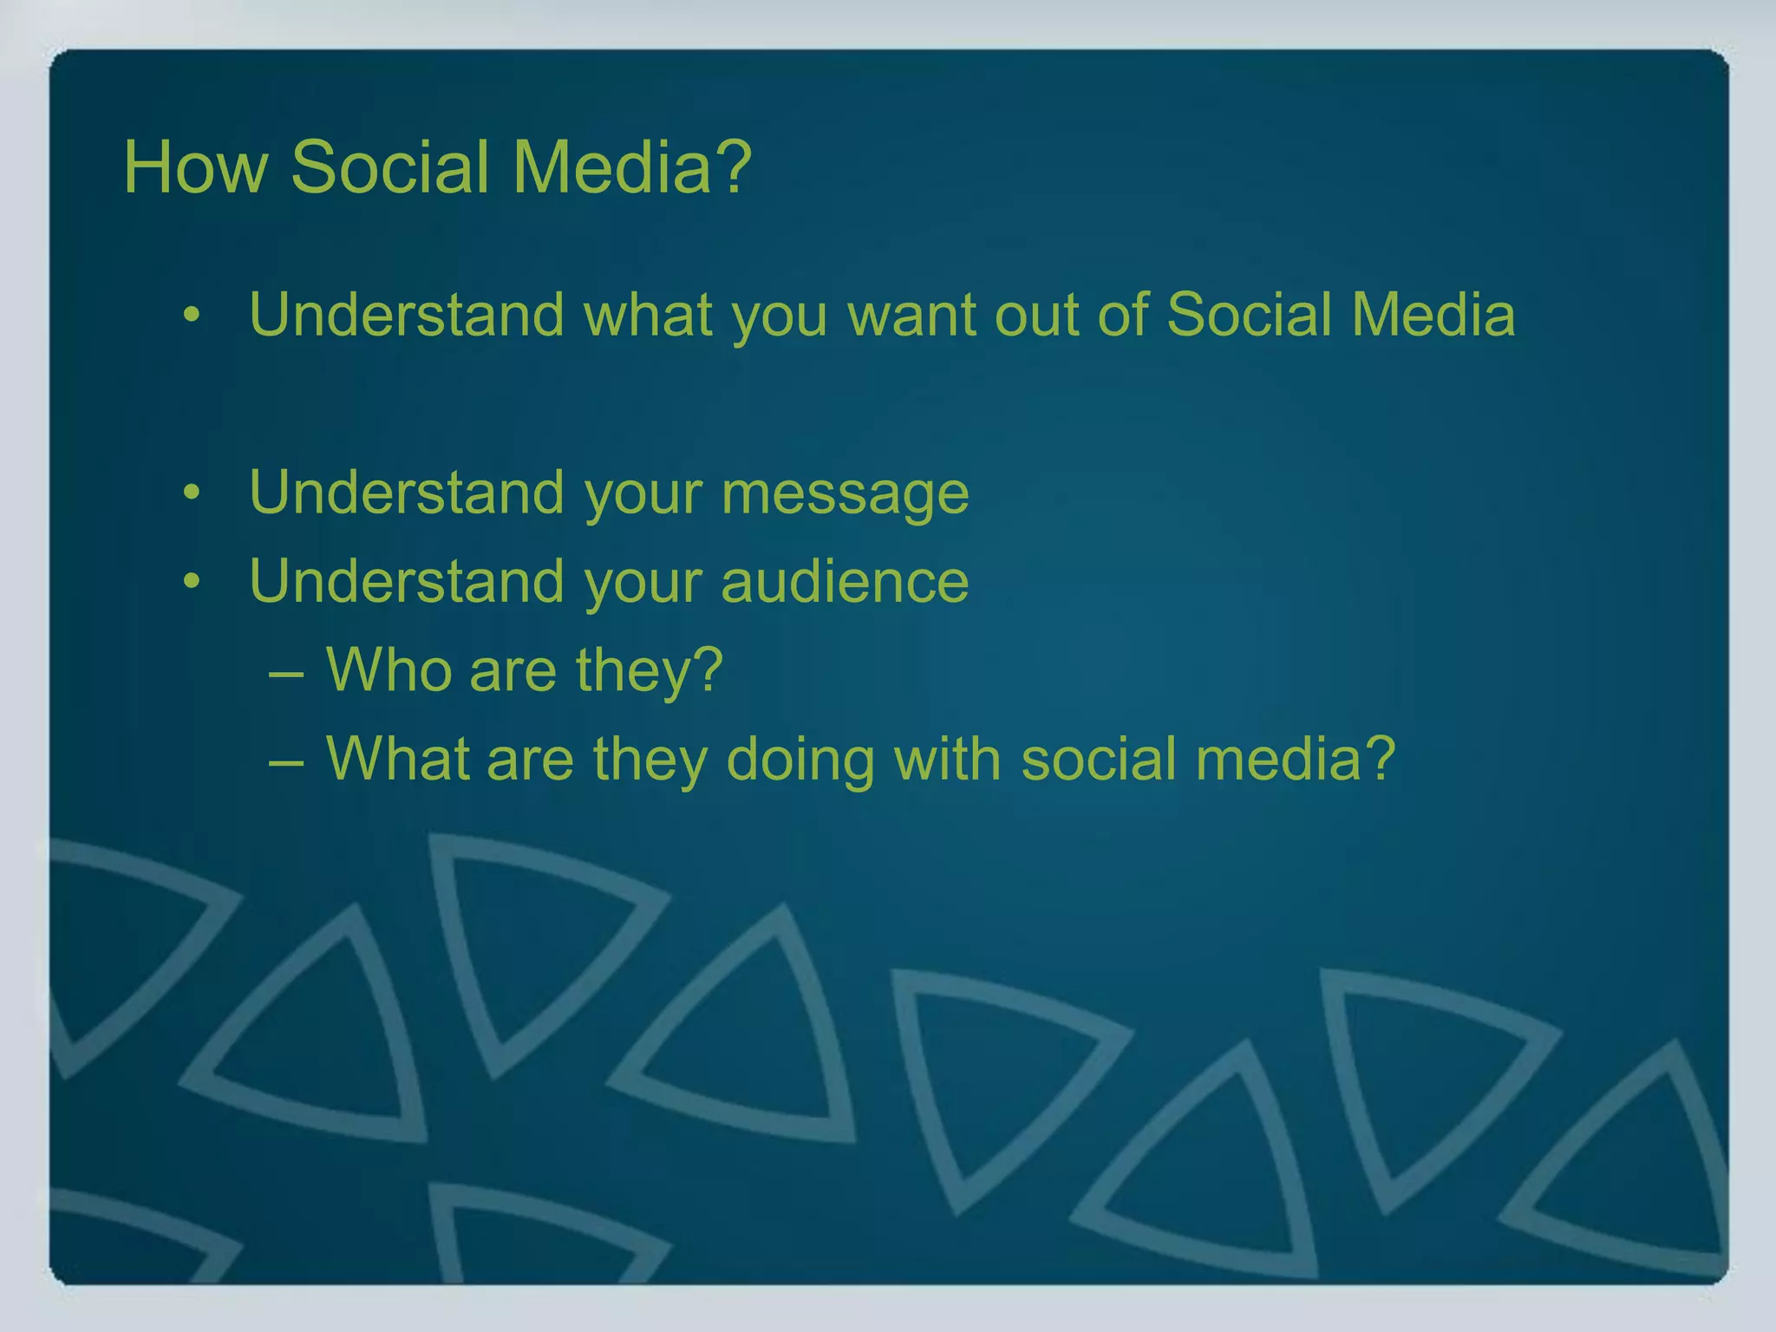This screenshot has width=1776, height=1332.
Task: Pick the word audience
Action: pos(845,581)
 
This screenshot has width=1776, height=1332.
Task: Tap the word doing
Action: pos(800,759)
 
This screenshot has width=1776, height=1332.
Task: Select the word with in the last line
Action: pos(947,759)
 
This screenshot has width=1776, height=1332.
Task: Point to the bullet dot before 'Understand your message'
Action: pos(192,493)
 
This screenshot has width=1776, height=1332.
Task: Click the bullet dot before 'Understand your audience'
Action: pos(192,582)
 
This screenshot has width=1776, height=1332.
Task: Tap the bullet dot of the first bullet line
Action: pos(192,316)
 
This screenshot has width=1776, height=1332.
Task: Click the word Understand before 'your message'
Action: pos(407,493)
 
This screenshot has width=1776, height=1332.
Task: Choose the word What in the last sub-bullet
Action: pos(397,759)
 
